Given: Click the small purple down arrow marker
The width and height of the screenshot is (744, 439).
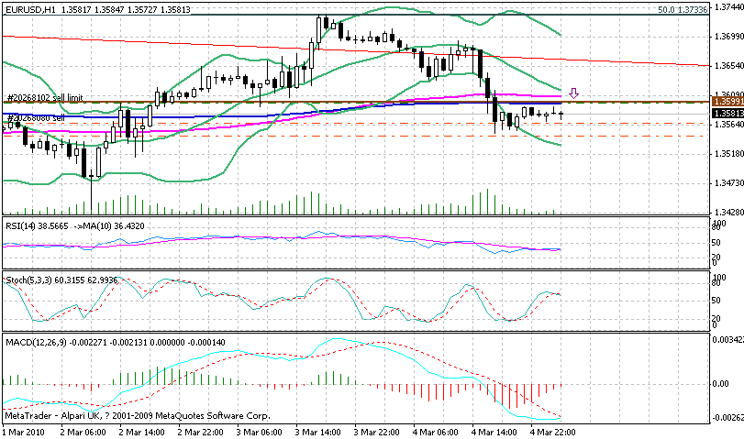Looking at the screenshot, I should pos(574,93).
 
